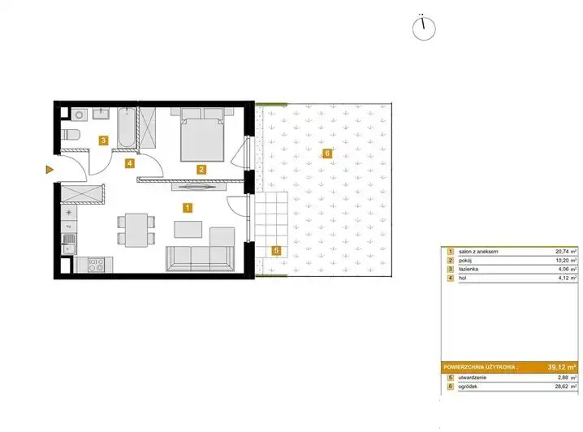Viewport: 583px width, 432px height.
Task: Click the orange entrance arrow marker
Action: (x=50, y=170)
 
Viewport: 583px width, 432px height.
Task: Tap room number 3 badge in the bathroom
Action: (x=103, y=140)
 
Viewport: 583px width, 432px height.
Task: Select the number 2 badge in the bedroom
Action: (x=201, y=170)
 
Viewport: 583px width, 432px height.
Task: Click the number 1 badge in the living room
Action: (x=188, y=207)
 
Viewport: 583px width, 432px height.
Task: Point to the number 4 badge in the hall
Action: (x=129, y=163)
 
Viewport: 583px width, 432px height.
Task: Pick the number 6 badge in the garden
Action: (x=327, y=153)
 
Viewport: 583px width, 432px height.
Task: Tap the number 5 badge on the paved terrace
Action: (x=276, y=251)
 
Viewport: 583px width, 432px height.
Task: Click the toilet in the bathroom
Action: (x=71, y=135)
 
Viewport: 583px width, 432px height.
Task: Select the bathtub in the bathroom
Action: (x=126, y=127)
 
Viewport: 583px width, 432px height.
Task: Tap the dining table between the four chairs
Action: (x=136, y=230)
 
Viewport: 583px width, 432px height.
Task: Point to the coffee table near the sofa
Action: (x=188, y=229)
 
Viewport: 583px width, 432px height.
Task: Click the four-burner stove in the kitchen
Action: (x=96, y=265)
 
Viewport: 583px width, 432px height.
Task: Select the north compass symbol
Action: (x=424, y=28)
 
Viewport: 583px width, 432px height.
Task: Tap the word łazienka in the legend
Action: (x=469, y=269)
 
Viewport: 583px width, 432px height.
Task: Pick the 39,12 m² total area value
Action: (x=562, y=367)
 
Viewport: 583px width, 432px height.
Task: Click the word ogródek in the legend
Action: (x=469, y=387)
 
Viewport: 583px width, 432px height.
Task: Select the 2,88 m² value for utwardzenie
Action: (x=568, y=378)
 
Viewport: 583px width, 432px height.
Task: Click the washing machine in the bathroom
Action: (x=79, y=114)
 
